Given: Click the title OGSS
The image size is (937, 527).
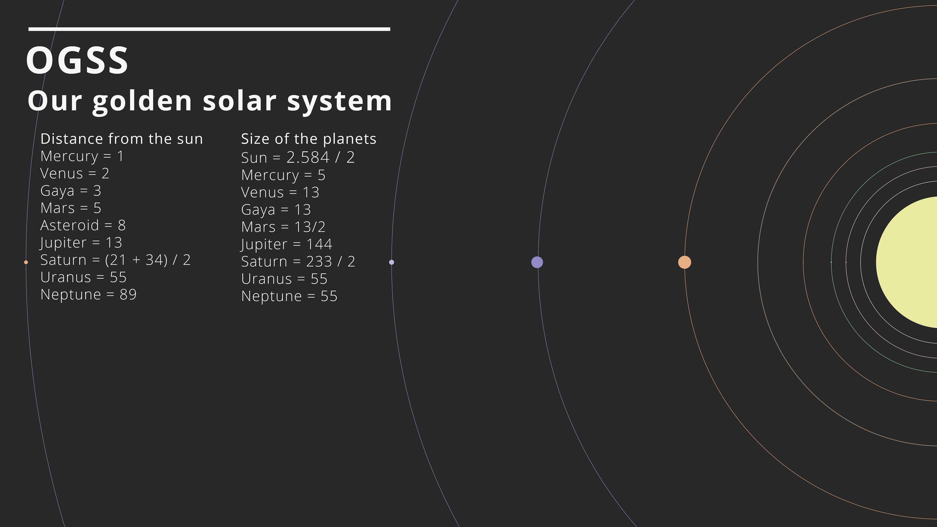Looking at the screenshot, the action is coord(77,60).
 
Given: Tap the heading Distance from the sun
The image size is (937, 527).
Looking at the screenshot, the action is coord(122,139).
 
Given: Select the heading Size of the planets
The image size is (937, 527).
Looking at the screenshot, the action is coord(308,139).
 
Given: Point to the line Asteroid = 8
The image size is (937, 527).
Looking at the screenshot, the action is coord(83,225).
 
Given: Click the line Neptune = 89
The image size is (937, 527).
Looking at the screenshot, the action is coord(88,294).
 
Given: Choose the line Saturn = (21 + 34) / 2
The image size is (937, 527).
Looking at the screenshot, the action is coord(115,260).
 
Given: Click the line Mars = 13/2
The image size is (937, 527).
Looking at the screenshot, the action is coord(283,227).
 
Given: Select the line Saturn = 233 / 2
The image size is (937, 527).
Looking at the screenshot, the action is coord(298,262).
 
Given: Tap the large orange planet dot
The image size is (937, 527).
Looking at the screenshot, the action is coord(684,262).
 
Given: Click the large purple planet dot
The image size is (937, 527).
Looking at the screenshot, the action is coord(537,262).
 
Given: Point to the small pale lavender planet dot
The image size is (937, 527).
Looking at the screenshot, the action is coord(391,262).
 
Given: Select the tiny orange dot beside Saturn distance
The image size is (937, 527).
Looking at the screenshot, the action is coord(26,262).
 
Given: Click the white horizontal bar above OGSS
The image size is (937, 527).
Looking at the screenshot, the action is coord(209,29).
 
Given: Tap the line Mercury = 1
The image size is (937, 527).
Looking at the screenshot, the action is coord(82,156).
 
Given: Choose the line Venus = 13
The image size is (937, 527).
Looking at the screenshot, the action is coord(280,192).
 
